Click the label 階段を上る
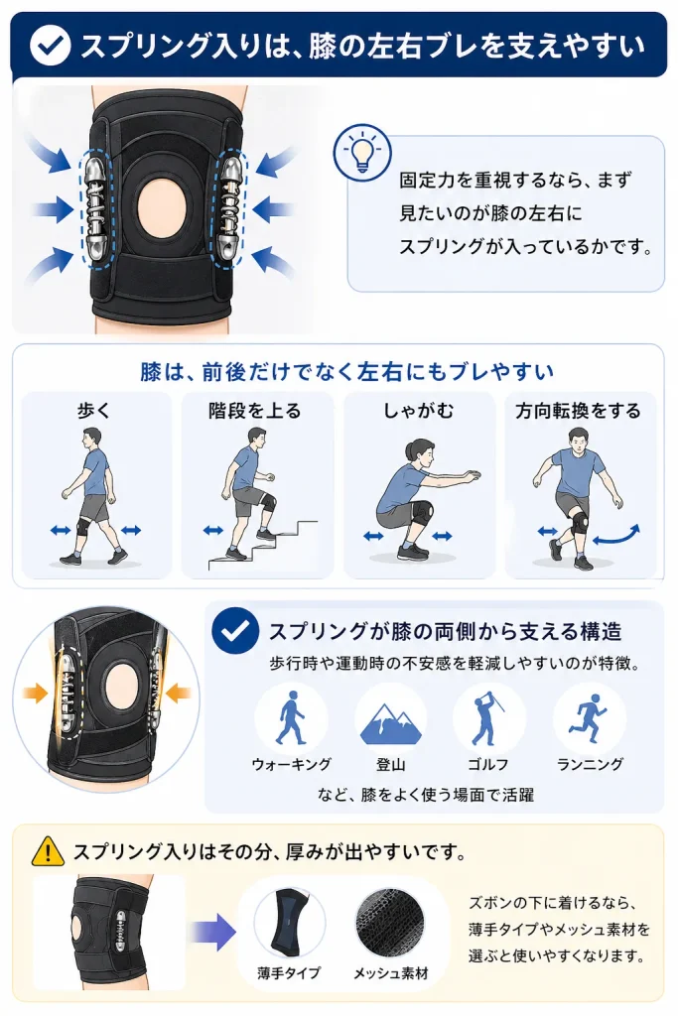(x=255, y=410)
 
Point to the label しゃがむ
(x=418, y=410)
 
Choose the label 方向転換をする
(x=578, y=410)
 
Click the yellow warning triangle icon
(x=48, y=850)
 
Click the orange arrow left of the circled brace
(x=37, y=693)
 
